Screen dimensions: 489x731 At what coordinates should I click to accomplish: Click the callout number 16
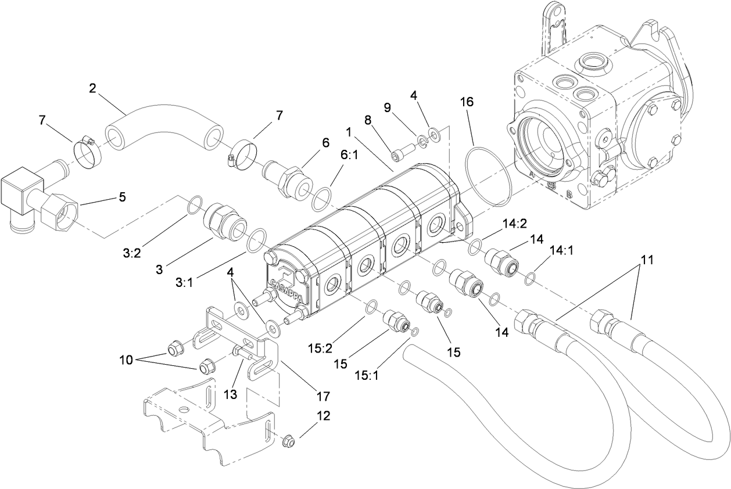[467, 102]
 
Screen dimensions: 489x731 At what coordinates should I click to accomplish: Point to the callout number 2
[92, 88]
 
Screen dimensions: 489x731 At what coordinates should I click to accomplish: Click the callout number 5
[121, 196]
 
